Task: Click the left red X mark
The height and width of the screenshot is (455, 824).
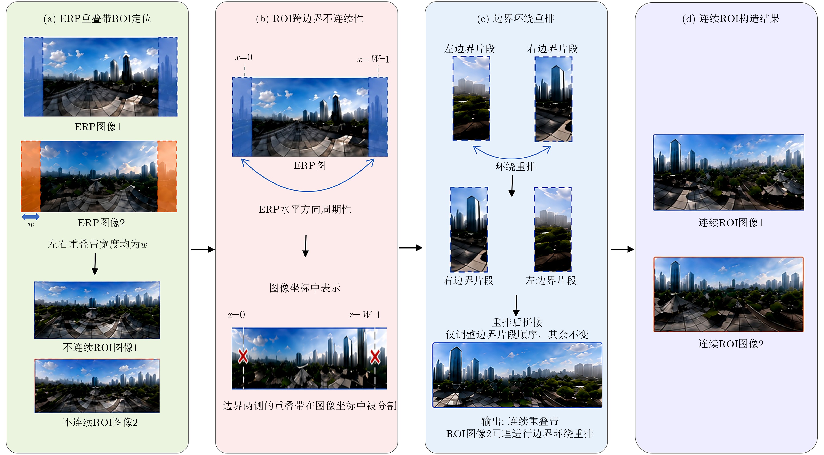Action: tap(243, 356)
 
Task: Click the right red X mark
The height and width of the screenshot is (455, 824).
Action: tap(375, 357)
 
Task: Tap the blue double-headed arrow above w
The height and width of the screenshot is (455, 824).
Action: tap(31, 217)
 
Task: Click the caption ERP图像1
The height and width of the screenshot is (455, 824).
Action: tap(98, 127)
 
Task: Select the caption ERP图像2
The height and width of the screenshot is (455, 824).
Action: tap(101, 223)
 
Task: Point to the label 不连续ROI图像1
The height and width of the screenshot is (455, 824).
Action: tap(101, 347)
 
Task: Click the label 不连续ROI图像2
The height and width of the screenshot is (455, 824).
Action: tap(100, 422)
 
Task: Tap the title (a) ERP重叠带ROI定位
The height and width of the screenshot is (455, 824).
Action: tap(97, 18)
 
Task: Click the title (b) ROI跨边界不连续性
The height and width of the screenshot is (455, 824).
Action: tap(310, 18)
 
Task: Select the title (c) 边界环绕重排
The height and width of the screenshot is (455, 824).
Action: tap(516, 18)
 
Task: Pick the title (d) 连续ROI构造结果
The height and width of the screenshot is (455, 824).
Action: tap(731, 18)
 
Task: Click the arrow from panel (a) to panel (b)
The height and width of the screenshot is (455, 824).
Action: tap(203, 249)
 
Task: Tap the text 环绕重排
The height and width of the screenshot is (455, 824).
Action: tap(516, 166)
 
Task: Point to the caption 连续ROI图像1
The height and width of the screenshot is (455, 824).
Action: tap(731, 223)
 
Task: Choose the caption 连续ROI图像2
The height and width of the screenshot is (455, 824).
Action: tap(731, 344)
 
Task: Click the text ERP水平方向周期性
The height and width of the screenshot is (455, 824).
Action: tap(305, 209)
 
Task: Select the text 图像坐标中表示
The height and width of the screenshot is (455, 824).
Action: tap(305, 288)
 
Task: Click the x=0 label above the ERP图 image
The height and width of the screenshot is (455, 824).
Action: tap(244, 57)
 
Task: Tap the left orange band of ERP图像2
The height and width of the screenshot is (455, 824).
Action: tap(31, 176)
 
